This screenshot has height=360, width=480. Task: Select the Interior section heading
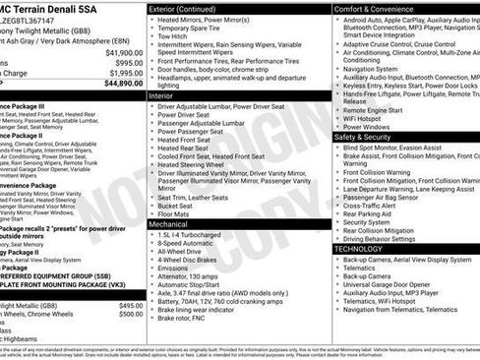161,96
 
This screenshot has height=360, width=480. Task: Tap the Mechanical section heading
168,224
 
